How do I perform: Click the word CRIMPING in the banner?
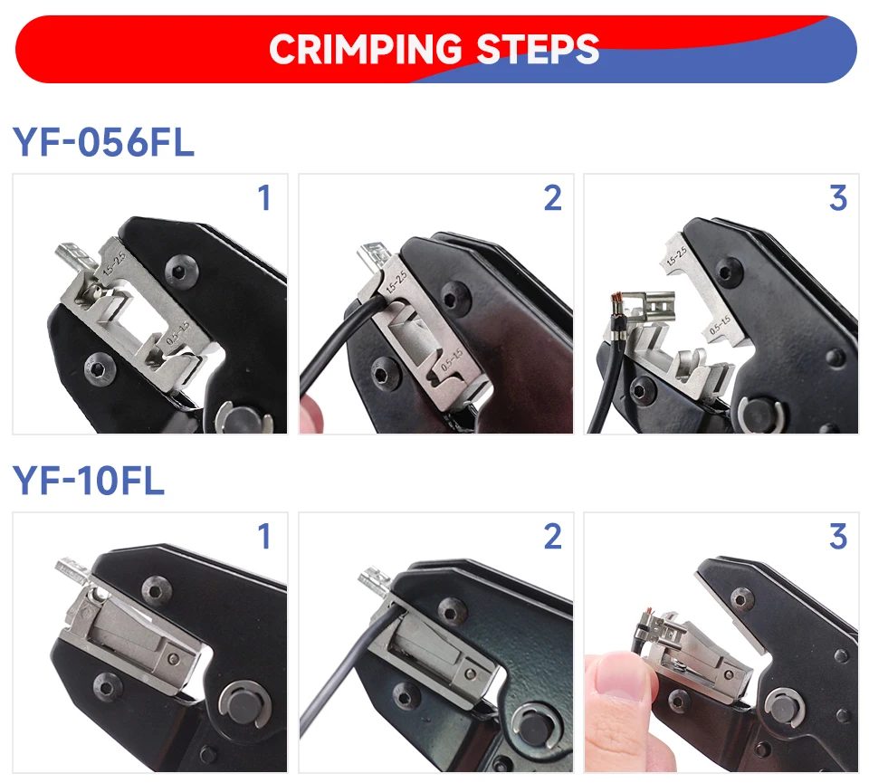pos(365,49)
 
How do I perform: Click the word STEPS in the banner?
pos(538,49)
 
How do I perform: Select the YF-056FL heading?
pos(103,142)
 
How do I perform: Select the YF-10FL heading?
pos(89,480)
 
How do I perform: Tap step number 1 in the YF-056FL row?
pos(264,198)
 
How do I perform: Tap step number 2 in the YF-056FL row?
pos(552,198)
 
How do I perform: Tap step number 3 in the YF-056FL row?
pos(838,198)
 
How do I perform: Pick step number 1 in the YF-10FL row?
pos(264,536)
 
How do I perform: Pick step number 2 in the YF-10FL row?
pos(552,536)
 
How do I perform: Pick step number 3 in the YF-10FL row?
pos(838,536)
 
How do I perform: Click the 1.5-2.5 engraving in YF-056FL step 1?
pos(115,264)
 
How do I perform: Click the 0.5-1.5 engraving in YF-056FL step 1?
pos(178,332)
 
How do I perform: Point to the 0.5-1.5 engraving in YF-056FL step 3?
pos(720,325)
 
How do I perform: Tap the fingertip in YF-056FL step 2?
pos(310,413)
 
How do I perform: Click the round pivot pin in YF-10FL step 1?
pos(245,705)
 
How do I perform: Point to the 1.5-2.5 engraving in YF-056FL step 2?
pos(396,282)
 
